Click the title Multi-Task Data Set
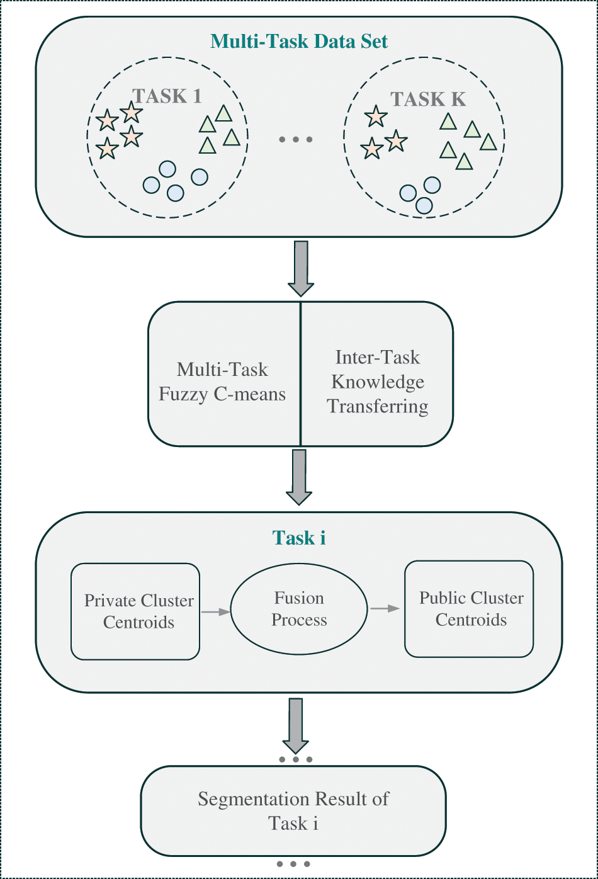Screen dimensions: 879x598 coord(299,42)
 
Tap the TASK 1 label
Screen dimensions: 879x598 coord(167,96)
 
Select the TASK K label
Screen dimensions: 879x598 coord(428,99)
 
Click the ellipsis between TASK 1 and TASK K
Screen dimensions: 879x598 coord(295,139)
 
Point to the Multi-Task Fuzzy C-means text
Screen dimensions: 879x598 coord(222,382)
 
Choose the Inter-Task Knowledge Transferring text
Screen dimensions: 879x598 coord(378,382)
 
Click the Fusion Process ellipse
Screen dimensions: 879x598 coord(299,609)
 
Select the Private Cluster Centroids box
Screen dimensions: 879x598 coord(135,611)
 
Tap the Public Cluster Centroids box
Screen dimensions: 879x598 coord(470,608)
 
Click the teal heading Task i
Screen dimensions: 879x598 coord(299,538)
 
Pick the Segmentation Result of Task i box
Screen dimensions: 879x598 coord(293,811)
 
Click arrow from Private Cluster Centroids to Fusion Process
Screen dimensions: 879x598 coord(215,611)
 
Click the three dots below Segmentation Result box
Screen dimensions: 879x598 coord(294,864)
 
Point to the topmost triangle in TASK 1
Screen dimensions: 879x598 coord(223,113)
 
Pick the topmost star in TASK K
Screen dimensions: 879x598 coord(376,116)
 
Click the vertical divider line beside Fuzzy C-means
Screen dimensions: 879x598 coord(300,374)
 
